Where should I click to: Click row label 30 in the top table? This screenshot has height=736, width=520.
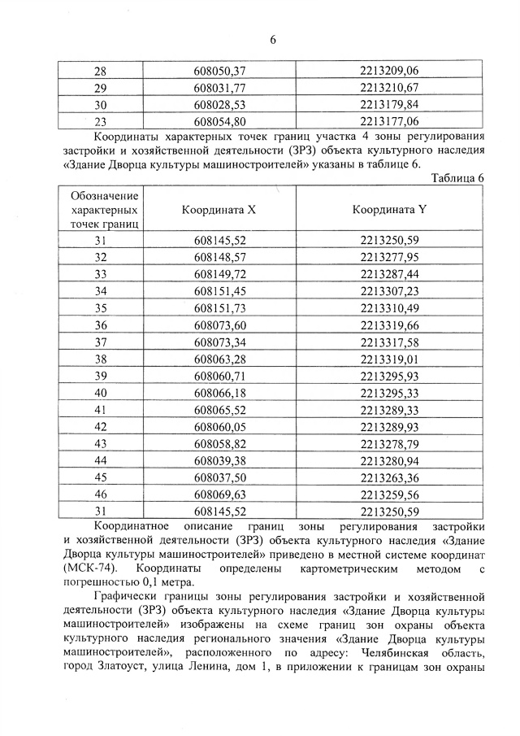[101, 105]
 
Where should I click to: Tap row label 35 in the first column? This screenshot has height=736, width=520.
[101, 307]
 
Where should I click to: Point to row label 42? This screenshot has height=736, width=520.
[101, 426]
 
